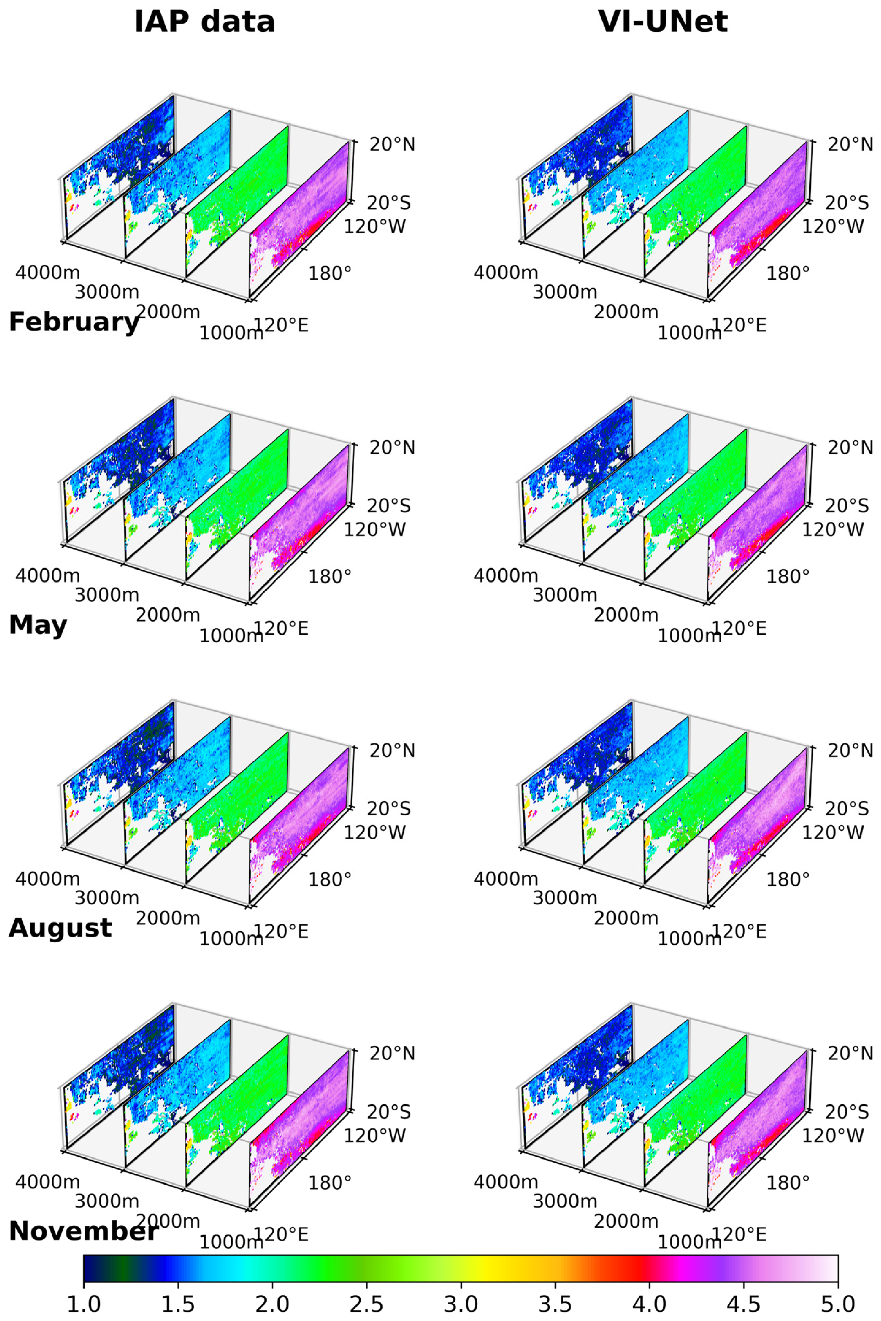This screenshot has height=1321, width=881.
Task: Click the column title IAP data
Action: (205, 23)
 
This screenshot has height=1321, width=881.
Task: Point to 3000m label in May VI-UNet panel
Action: (565, 595)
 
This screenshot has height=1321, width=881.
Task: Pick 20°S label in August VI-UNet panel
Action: (847, 809)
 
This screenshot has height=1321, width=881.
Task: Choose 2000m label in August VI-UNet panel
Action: (626, 918)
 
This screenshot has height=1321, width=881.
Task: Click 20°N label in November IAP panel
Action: (392, 1053)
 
